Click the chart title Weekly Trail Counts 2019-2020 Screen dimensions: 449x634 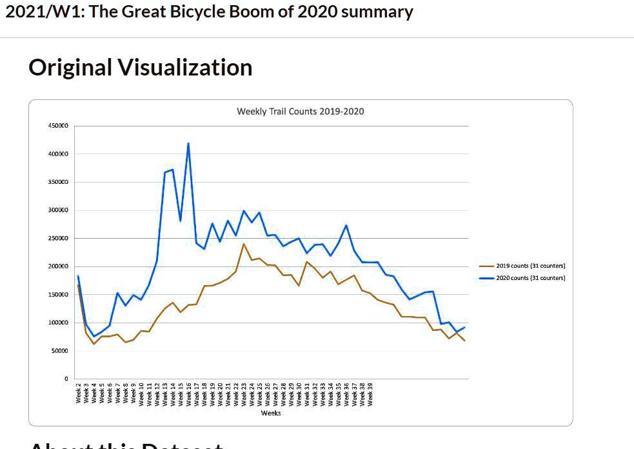click(x=300, y=112)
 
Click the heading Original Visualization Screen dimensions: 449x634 click(x=140, y=68)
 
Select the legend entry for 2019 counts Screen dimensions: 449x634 click(x=530, y=266)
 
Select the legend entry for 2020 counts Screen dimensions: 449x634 click(x=530, y=278)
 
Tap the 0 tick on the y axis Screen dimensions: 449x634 click(x=66, y=379)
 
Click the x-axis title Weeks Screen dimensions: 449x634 click(x=270, y=413)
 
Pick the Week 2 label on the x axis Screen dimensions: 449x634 click(x=78, y=393)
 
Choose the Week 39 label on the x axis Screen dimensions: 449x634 click(x=370, y=393)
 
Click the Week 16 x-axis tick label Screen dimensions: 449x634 click(x=189, y=393)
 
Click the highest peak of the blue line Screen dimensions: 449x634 click(x=188, y=143)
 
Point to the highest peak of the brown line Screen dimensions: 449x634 click(x=244, y=244)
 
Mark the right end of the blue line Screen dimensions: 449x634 click(x=464, y=327)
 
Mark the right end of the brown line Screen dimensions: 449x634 click(x=464, y=340)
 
